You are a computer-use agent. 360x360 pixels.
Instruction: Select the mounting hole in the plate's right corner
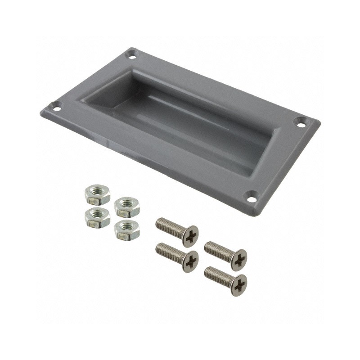point(300,121)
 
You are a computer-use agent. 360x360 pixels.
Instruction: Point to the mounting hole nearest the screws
point(252,196)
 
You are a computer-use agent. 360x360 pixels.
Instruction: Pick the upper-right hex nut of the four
point(127,207)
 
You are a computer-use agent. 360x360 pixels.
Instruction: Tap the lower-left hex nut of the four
point(97,217)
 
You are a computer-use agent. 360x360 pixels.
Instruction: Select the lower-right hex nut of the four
point(127,229)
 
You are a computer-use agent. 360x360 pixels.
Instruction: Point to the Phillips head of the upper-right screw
point(238,259)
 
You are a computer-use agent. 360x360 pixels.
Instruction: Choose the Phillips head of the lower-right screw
point(238,284)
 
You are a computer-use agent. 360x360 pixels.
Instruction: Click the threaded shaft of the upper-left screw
point(169,225)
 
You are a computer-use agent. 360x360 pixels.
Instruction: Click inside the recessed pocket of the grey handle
point(189,121)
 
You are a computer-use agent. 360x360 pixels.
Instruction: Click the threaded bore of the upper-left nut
point(97,192)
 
